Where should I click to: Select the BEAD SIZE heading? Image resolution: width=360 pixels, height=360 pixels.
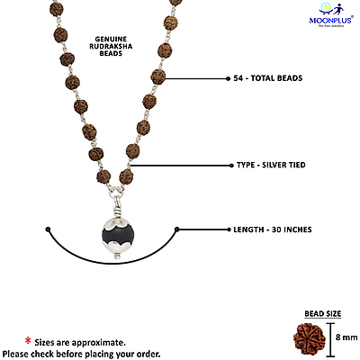point(320,313)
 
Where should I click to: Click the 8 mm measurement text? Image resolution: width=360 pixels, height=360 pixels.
point(346,337)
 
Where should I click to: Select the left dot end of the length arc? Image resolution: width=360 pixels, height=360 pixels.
point(47,230)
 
